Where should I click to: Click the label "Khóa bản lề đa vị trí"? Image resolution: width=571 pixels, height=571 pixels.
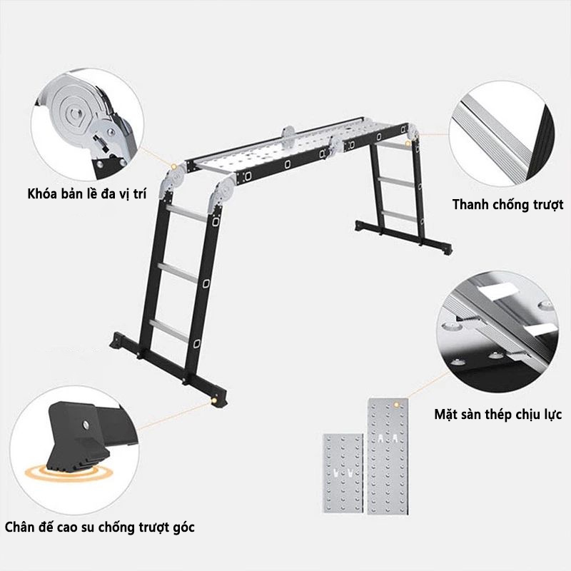click(x=86, y=193)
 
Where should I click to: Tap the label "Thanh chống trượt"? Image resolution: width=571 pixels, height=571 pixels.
click(x=507, y=204)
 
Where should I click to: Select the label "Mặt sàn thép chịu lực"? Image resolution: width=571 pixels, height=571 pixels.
click(x=497, y=414)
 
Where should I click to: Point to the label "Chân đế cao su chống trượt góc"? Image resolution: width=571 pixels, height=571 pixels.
click(x=99, y=527)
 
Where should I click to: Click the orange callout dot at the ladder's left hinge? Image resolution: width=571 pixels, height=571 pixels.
click(x=173, y=167)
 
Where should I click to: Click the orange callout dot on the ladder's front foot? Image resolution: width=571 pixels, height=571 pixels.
click(x=214, y=400)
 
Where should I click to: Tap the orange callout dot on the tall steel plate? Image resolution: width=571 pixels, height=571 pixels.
click(x=397, y=404)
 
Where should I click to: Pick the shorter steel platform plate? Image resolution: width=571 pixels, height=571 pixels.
click(x=343, y=473)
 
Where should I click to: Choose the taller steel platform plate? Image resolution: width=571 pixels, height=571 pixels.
click(x=388, y=456)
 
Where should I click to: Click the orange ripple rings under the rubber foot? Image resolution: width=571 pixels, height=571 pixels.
click(x=69, y=473)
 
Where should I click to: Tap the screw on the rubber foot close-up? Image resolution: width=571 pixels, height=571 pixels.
click(x=86, y=423)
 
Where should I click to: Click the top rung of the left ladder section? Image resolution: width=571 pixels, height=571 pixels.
click(x=188, y=213)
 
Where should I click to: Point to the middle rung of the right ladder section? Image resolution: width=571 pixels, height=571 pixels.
click(x=397, y=182)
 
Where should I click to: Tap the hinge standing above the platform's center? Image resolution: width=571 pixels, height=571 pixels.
click(x=288, y=136)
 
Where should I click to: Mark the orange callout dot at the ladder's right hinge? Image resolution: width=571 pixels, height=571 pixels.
click(x=408, y=143)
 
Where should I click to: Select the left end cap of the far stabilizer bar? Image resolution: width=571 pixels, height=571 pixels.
click(x=360, y=225)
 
